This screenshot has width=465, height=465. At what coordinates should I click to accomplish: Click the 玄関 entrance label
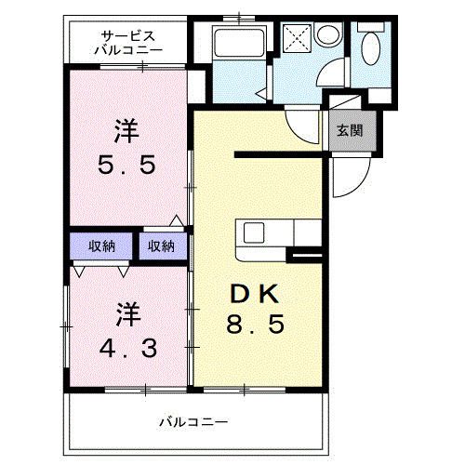point(350,130)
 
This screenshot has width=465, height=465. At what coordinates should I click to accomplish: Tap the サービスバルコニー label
point(128,43)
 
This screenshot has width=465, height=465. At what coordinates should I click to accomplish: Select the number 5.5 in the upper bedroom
point(126,165)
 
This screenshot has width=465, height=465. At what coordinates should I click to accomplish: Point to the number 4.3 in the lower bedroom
point(128,348)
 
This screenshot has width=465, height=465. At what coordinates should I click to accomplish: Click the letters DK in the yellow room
point(254,295)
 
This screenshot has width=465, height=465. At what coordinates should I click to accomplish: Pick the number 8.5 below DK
point(256,324)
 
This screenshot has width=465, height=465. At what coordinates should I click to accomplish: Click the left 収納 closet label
point(101,246)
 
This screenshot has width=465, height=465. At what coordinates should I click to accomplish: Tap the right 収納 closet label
point(161,246)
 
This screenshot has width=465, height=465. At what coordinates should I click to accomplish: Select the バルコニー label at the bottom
point(193,422)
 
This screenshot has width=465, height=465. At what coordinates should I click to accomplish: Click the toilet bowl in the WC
point(371,48)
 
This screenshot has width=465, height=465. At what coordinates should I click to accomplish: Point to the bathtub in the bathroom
point(240,42)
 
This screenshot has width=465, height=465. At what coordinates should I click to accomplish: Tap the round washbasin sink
point(327,34)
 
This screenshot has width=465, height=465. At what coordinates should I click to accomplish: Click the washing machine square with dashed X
point(297,38)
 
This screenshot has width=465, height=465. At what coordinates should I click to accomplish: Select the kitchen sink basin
point(254,233)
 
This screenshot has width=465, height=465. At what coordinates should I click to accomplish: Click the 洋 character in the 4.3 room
point(128,314)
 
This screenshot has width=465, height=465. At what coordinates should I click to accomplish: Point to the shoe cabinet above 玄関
point(345,102)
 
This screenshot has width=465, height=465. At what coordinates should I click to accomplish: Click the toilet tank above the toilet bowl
point(371,26)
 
